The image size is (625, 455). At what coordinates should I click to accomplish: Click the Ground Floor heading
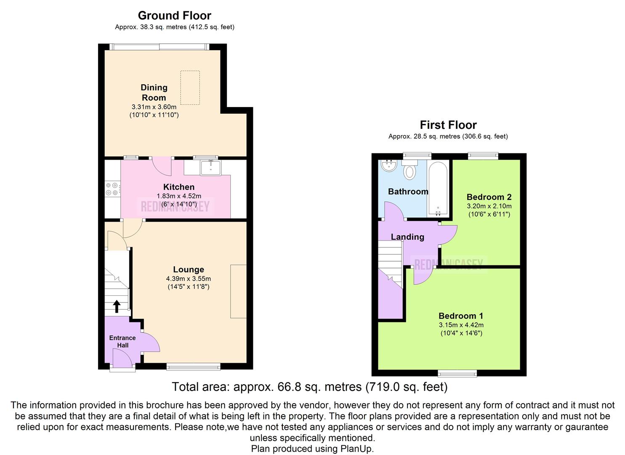174,16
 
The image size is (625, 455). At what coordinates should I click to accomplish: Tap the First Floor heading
448,125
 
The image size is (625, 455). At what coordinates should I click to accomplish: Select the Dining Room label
154,93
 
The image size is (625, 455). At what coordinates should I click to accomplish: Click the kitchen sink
210,167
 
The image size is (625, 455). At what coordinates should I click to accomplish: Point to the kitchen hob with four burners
112,189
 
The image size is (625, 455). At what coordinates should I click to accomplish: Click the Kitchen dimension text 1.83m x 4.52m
179,196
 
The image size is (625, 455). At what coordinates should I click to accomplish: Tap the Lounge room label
188,270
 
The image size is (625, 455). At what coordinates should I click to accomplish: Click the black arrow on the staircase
116,306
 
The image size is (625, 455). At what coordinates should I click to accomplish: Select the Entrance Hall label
122,341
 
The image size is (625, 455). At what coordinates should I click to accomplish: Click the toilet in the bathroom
410,171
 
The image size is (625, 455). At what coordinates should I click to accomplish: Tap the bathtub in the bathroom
438,188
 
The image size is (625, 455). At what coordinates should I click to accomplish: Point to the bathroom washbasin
388,166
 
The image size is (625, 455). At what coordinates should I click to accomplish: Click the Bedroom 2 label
489,197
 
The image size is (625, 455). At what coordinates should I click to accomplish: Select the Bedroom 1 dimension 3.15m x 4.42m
461,325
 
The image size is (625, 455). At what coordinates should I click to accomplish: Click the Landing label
407,237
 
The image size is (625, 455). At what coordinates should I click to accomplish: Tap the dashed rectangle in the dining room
190,87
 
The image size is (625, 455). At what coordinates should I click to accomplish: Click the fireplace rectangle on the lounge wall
238,291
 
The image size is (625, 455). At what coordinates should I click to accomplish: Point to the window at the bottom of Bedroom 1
457,373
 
